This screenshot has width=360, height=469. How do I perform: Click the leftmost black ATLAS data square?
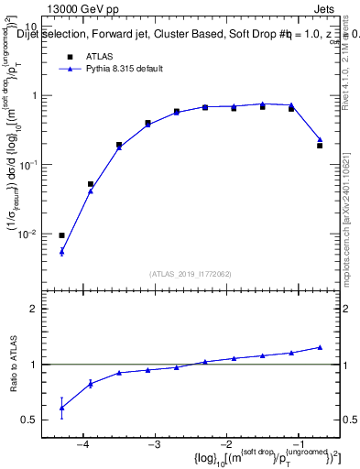61,235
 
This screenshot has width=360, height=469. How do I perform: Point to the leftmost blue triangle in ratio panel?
61,409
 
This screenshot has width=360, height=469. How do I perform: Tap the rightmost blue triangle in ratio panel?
320,347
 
